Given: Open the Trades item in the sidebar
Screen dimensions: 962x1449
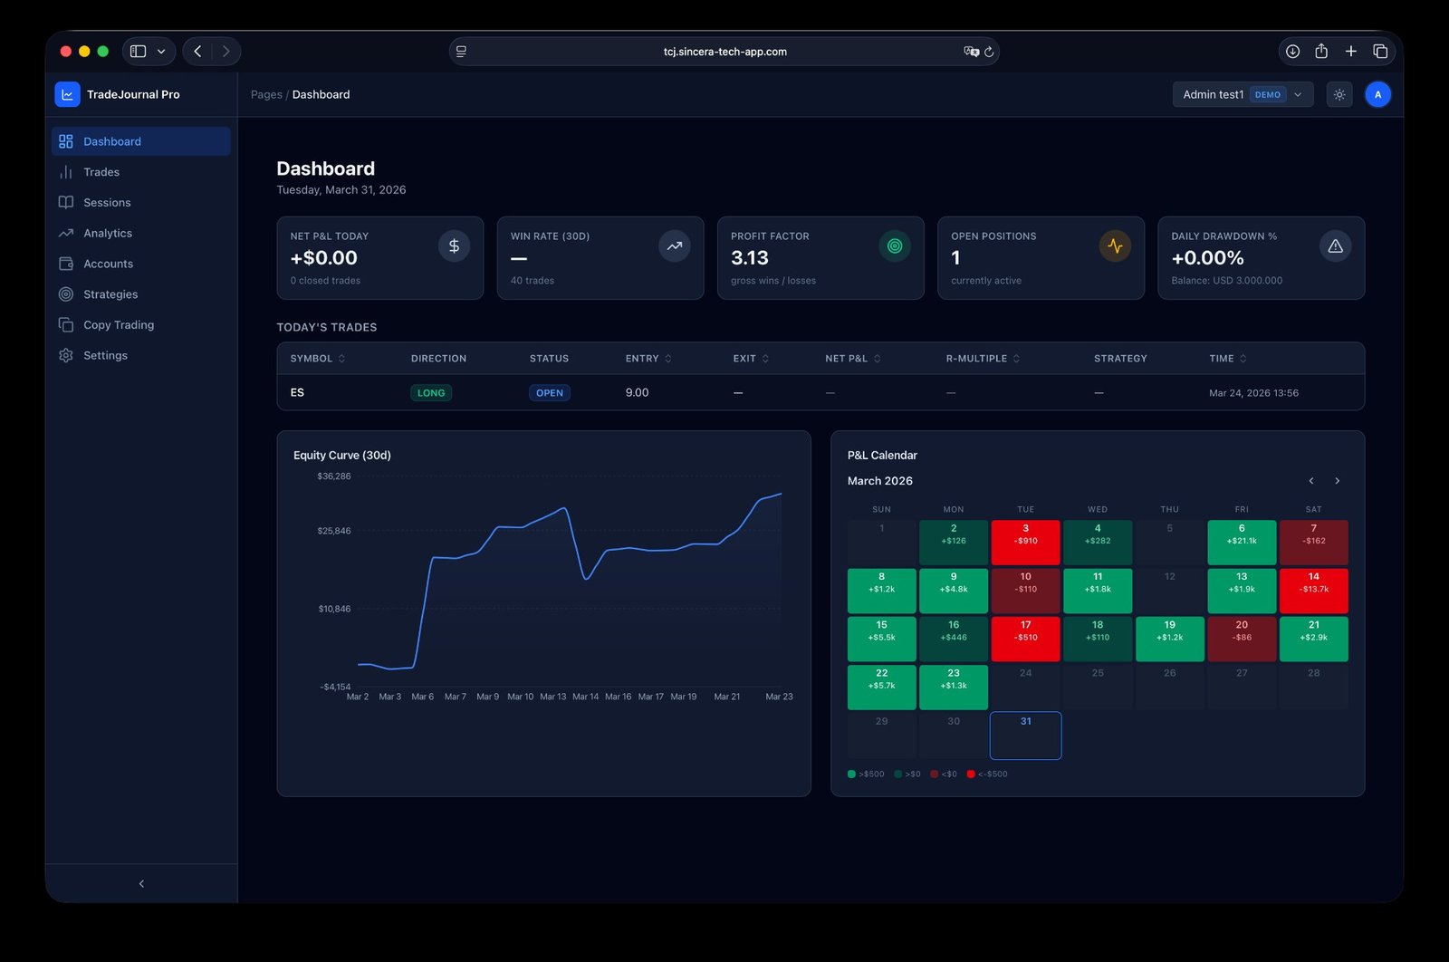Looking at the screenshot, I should [101, 172].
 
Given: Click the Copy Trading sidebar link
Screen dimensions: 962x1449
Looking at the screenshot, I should [118, 325].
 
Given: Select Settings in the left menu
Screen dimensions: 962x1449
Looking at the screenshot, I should [105, 356].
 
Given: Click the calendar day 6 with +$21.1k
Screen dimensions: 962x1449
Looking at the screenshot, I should [1242, 542].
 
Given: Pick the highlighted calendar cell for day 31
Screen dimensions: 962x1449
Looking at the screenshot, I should [1025, 736].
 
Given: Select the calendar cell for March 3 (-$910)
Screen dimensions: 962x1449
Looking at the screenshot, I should [1025, 542].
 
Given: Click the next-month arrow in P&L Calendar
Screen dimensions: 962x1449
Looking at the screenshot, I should [1337, 481].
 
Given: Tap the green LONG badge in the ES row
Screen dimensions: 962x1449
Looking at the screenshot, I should [431, 393].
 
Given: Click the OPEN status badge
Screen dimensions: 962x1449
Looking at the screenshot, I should [550, 393].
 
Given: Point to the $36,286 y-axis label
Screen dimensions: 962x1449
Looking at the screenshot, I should [334, 476].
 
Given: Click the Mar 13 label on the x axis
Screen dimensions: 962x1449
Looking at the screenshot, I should [552, 697].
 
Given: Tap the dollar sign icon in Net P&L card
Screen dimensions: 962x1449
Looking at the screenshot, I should [454, 246].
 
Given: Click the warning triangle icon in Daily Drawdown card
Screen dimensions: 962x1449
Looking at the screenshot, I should [1335, 246].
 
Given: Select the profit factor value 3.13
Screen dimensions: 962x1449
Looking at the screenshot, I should [750, 258].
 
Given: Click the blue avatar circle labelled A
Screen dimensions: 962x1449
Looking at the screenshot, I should [1377, 94].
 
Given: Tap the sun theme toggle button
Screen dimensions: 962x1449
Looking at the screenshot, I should [1339, 94].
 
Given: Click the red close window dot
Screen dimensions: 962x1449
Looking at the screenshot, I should [65, 52].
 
